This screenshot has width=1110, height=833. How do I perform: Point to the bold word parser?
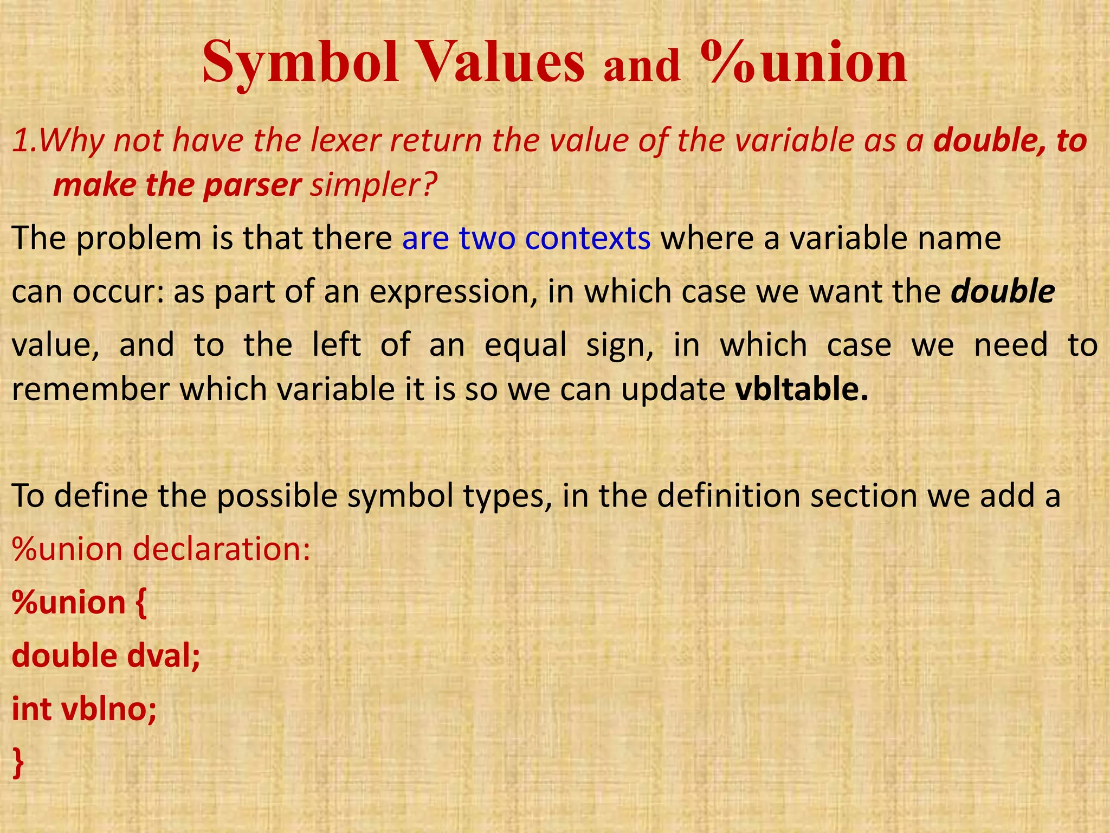[251, 185]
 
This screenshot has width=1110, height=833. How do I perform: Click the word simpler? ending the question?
[373, 186]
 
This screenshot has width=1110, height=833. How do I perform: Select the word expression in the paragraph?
[453, 292]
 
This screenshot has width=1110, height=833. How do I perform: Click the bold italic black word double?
[1003, 291]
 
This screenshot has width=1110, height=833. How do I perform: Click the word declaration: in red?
[222, 549]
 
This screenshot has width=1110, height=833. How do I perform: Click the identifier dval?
[163, 656]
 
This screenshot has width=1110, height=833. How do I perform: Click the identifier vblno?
[109, 709]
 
